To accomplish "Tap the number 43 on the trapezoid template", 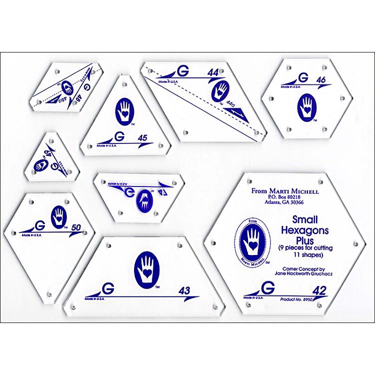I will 184,290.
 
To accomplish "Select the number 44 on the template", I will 212,73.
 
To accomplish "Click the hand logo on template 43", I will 146,268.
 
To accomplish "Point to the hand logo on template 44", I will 220,91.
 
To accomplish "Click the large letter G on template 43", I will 106,289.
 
